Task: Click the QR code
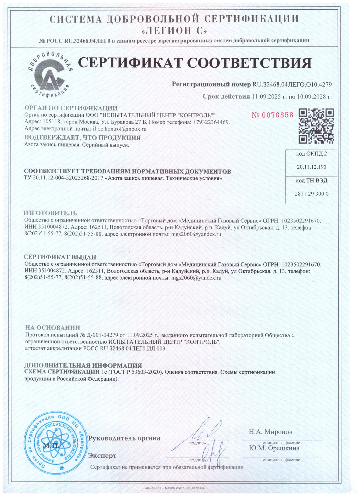tap(316, 126)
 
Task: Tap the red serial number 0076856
tap(272, 115)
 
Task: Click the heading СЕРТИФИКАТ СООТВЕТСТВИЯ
tap(195, 63)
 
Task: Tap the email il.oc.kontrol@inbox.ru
tap(120, 129)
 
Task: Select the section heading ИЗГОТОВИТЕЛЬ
tap(50, 213)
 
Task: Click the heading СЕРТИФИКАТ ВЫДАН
tap(60, 257)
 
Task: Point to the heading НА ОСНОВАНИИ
tap(52, 328)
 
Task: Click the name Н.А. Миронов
tap(270, 432)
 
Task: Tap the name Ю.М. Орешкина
tap(274, 448)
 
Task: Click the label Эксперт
tap(102, 456)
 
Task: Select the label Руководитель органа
tap(124, 438)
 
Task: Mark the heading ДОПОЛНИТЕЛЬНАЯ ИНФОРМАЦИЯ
tap(83, 366)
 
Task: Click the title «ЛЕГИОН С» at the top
tap(174, 31)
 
